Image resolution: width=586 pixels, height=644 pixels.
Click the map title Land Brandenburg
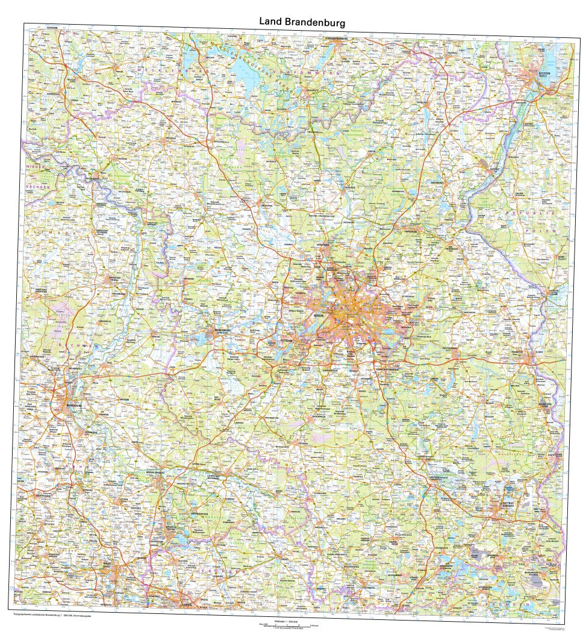click(302, 22)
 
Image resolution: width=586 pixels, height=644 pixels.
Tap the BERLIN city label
click(320, 315)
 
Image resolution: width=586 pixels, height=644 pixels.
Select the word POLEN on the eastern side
click(534, 230)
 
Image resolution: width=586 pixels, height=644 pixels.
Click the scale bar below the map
click(292, 627)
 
